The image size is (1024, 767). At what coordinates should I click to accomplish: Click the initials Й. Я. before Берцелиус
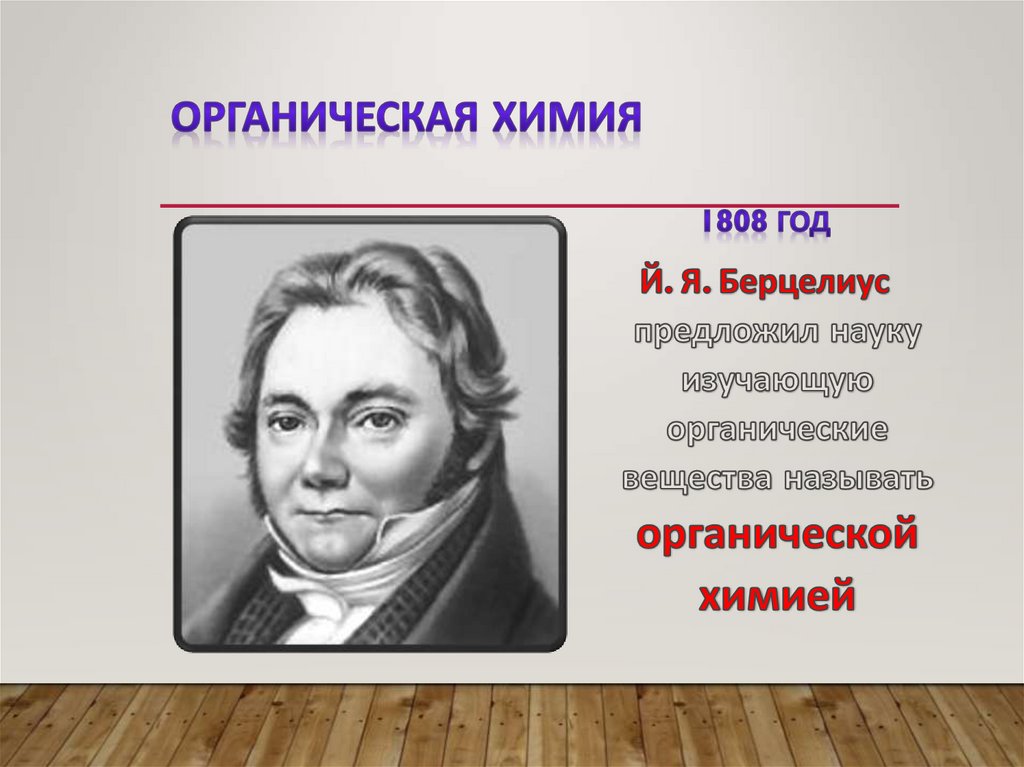pyautogui.click(x=675, y=283)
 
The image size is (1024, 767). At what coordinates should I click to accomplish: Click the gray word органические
pyautogui.click(x=777, y=430)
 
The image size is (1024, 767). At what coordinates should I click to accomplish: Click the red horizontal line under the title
pyautogui.click(x=530, y=206)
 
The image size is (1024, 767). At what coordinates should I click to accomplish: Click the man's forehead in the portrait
pyautogui.click(x=330, y=345)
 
